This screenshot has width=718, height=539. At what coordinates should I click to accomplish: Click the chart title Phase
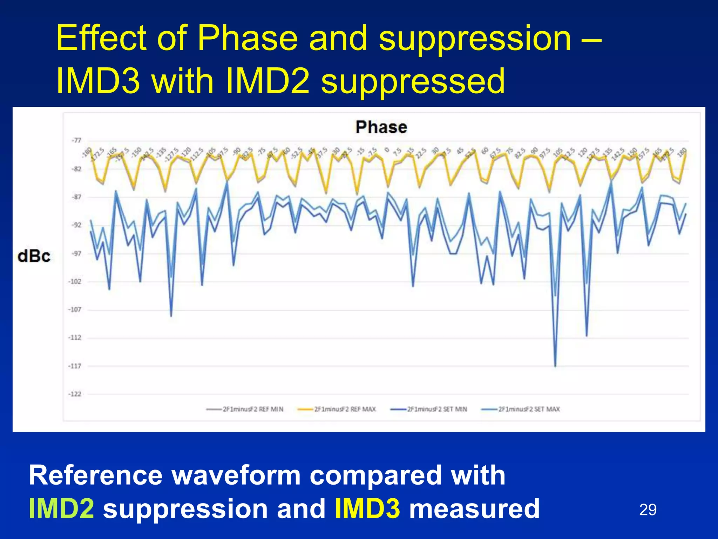pyautogui.click(x=381, y=127)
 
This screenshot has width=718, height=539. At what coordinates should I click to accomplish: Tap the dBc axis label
pyautogui.click(x=34, y=257)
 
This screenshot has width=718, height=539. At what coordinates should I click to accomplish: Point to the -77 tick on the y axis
pyautogui.click(x=76, y=141)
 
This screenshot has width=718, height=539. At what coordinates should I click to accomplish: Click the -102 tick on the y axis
pyautogui.click(x=75, y=281)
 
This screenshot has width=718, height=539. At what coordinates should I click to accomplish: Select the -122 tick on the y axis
pyautogui.click(x=75, y=394)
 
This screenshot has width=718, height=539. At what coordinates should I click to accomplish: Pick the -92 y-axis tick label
pyautogui.click(x=76, y=225)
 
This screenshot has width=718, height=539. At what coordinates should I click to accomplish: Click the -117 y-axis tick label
pyautogui.click(x=75, y=366)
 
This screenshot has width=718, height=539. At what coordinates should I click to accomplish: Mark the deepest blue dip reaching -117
pyautogui.click(x=555, y=366)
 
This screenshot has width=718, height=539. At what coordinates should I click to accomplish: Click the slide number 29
pyautogui.click(x=648, y=510)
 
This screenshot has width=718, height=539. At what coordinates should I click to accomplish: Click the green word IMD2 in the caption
pyautogui.click(x=61, y=508)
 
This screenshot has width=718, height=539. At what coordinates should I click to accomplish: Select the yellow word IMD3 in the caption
pyautogui.click(x=367, y=508)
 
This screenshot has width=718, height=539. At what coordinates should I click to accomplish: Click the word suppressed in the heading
pyautogui.click(x=413, y=81)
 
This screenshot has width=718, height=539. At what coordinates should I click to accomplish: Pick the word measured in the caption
pyautogui.click(x=474, y=508)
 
